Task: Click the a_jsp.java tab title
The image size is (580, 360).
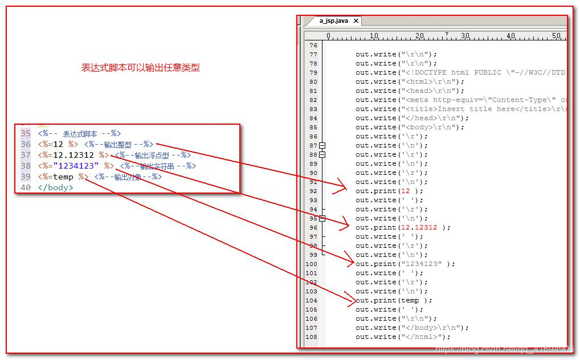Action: click(333, 21)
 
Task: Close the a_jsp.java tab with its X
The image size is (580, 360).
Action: click(356, 21)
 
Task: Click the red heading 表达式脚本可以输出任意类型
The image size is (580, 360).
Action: click(140, 68)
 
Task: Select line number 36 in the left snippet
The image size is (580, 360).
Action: click(26, 144)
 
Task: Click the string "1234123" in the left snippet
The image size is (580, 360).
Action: click(76, 166)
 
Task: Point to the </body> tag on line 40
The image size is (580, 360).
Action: click(55, 187)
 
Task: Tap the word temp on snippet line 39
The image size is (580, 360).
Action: click(63, 177)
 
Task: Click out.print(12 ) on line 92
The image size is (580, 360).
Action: click(389, 191)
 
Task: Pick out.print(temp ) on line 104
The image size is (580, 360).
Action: click(394, 301)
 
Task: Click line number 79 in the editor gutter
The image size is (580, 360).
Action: click(313, 73)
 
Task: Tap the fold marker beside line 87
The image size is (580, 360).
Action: click(322, 146)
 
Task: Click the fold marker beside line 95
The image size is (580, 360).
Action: click(322, 218)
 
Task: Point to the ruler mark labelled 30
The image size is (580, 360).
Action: click(465, 36)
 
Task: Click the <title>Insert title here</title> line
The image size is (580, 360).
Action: click(461, 109)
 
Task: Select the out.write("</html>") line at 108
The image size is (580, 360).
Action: click(403, 337)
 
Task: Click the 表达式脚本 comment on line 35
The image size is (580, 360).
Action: click(80, 133)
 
